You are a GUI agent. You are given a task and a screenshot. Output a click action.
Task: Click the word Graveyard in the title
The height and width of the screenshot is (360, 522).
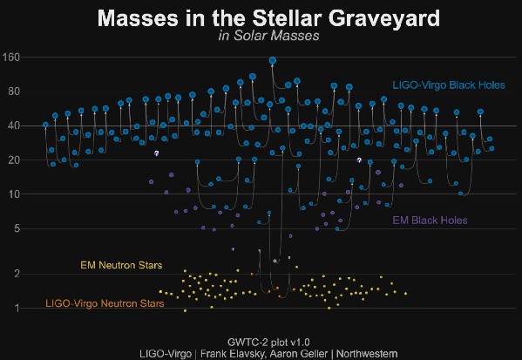point(384,18)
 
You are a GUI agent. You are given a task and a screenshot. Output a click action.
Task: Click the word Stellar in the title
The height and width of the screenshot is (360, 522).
point(290,17)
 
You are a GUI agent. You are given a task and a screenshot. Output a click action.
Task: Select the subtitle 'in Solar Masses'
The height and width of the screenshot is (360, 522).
point(269,36)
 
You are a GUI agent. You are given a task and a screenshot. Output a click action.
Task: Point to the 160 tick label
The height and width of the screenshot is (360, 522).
point(11,58)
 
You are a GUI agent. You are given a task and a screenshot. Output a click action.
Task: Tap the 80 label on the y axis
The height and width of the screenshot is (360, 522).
point(14,92)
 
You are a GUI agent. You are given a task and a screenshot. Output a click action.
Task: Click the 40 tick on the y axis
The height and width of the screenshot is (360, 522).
point(14,126)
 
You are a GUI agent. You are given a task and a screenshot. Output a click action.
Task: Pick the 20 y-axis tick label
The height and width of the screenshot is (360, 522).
point(14,160)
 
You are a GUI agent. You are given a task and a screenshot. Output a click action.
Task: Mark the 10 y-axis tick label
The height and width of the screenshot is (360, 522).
point(14,194)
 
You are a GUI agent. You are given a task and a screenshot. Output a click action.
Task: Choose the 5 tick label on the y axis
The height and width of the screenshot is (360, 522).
point(17,228)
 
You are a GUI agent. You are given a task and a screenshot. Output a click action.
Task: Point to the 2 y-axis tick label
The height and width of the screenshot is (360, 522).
point(17,274)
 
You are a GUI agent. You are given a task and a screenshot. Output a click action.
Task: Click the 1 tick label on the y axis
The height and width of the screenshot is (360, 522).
point(17,309)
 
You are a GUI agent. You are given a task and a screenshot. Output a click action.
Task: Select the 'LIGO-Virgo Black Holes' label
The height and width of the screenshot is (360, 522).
point(449,85)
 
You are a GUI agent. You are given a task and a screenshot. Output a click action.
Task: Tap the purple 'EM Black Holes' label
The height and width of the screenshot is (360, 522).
point(430,221)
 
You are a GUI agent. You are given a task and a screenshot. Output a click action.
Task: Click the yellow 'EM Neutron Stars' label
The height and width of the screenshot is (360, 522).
point(121,265)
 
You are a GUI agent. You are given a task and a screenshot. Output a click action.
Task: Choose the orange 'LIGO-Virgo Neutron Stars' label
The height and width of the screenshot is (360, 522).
point(105,303)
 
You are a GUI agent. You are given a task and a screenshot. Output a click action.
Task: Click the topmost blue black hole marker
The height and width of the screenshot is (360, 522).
point(273,61)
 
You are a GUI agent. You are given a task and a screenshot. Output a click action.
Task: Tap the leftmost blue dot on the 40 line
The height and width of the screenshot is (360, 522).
point(45,125)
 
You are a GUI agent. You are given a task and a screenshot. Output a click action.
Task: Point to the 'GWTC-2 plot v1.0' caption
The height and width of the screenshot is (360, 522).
point(268,342)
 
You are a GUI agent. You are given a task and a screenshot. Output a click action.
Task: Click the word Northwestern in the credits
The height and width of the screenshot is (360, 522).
point(367,354)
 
